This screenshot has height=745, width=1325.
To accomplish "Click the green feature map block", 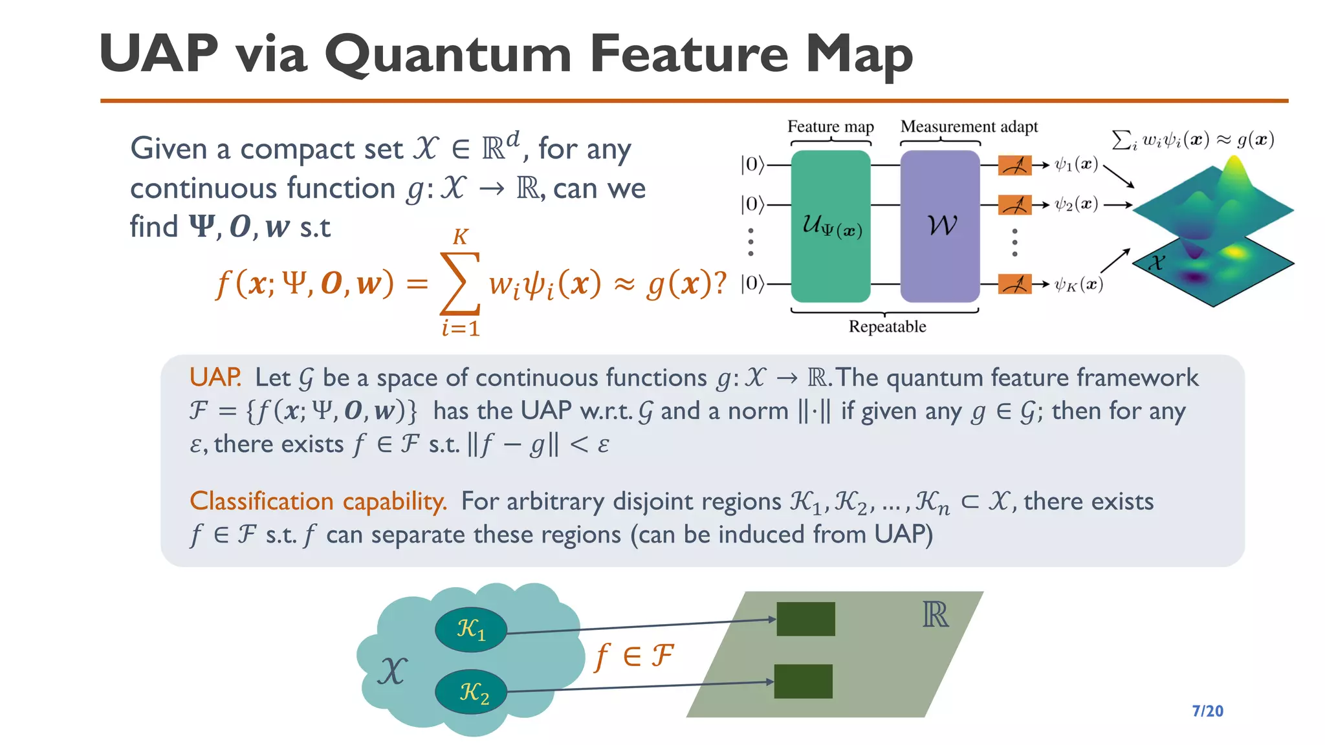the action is click(x=831, y=226).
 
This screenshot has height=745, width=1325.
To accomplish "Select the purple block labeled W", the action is click(x=940, y=226).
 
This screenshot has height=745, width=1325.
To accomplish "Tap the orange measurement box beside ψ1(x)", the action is click(x=1014, y=166).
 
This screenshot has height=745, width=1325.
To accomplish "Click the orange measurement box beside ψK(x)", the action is click(x=1014, y=284).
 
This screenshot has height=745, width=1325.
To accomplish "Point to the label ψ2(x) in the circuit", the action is click(x=1076, y=204).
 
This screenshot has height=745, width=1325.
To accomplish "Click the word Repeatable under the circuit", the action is click(x=887, y=327).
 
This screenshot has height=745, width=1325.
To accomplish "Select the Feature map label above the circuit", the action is click(x=830, y=127).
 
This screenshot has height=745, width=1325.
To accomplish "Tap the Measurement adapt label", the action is click(x=969, y=127).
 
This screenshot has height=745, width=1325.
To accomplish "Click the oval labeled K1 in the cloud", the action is click(x=470, y=629).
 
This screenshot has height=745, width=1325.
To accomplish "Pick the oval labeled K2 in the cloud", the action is click(x=472, y=691).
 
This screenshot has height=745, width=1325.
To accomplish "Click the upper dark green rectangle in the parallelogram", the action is click(x=805, y=619).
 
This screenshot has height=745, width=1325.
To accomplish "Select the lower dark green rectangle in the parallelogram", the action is click(x=803, y=681).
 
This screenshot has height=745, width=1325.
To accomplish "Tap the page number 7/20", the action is click(x=1207, y=711).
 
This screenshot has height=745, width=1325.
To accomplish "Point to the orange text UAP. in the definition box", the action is click(x=215, y=377).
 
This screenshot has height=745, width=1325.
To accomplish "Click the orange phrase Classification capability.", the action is click(x=318, y=501).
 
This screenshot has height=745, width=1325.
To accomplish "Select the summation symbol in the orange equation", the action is click(x=459, y=283).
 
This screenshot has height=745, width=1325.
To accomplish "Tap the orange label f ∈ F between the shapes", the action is click(x=634, y=656).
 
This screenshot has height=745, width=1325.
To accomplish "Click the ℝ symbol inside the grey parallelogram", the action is click(x=935, y=614).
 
